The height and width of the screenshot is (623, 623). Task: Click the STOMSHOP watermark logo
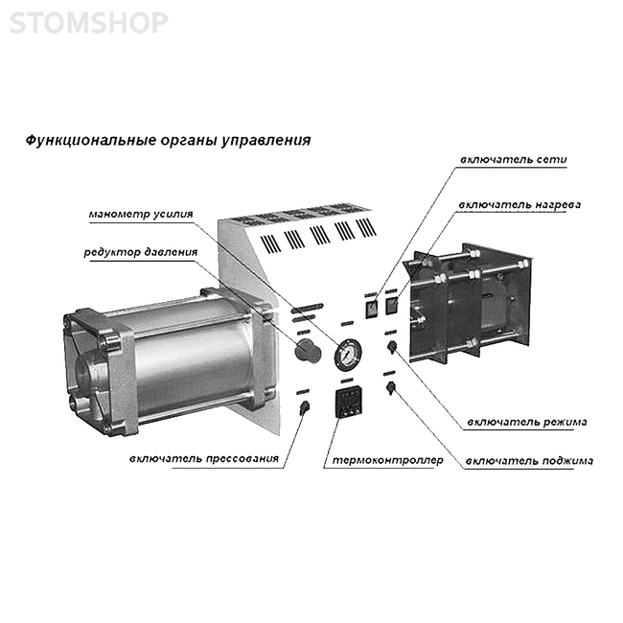[x=88, y=22]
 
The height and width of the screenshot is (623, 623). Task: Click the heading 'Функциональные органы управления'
[x=168, y=140]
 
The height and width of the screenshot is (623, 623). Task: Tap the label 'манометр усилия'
[x=141, y=215]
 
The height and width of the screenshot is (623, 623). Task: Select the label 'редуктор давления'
[x=140, y=253]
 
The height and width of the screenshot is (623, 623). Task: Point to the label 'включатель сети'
[x=514, y=160]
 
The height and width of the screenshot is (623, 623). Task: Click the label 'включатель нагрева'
[x=519, y=205]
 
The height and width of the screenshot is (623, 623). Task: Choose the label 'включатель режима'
[x=527, y=422]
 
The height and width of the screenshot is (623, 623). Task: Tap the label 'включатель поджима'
[x=529, y=461]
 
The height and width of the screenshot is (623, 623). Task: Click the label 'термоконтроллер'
[x=387, y=460]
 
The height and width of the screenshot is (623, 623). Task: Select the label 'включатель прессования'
[x=204, y=459]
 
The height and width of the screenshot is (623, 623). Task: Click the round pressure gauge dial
[x=348, y=354]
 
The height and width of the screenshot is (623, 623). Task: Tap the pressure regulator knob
[x=308, y=351]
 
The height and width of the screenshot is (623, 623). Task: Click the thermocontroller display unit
[x=349, y=402]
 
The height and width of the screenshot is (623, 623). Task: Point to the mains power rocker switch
[x=372, y=308]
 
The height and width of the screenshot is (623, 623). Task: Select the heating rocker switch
[x=392, y=306]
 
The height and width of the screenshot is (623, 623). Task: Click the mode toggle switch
[x=392, y=347]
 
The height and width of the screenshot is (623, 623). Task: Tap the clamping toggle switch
[x=391, y=387]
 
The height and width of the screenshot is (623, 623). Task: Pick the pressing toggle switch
[x=305, y=407]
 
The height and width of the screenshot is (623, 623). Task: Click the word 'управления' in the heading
[x=265, y=141]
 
